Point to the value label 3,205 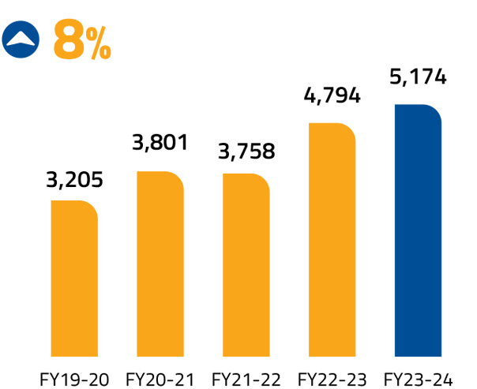pos(74,180)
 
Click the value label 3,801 pos(160,144)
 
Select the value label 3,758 pos(246,150)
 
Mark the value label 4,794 pos(332,95)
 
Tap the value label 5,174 pos(418,78)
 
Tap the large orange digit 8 pos(69,39)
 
